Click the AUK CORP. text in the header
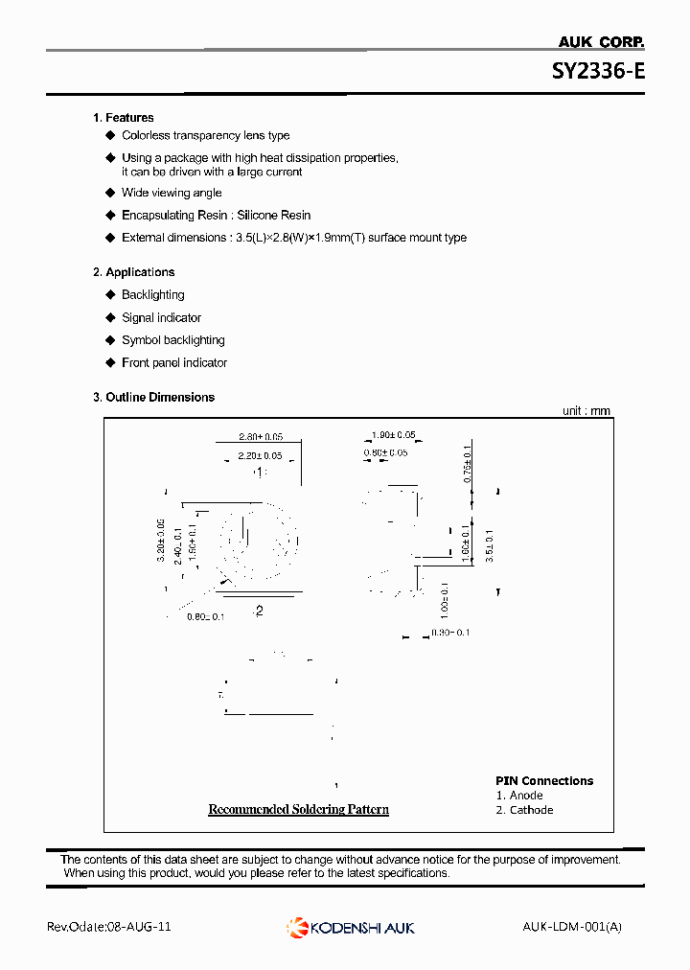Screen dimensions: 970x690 click(601, 41)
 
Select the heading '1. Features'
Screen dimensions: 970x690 click(123, 117)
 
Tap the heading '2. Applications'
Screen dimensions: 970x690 click(133, 272)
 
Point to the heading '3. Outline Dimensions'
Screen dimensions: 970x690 click(153, 397)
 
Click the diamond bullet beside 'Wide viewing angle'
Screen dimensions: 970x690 click(110, 193)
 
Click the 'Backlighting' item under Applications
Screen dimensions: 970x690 click(152, 295)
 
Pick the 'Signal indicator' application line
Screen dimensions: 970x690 click(161, 318)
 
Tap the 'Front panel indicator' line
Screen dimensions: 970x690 click(174, 363)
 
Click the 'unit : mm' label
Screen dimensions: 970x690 click(586, 411)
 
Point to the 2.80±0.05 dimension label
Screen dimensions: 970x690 click(261, 436)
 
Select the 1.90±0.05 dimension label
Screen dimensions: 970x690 click(393, 435)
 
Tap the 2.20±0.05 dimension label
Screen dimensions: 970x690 click(261, 455)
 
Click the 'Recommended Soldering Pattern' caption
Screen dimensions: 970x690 click(299, 810)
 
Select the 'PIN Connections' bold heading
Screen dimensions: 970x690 click(544, 781)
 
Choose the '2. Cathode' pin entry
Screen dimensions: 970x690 click(524, 810)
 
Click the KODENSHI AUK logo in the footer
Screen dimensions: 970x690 click(351, 927)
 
